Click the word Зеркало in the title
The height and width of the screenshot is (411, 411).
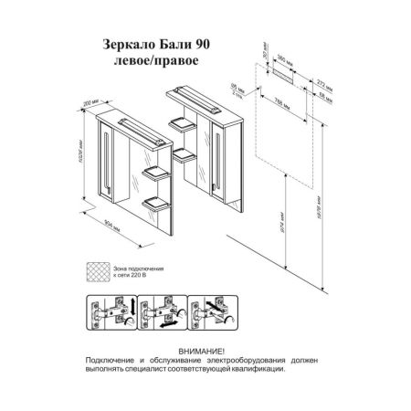tap(131, 43)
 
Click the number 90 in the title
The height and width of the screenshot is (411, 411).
tap(206, 43)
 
